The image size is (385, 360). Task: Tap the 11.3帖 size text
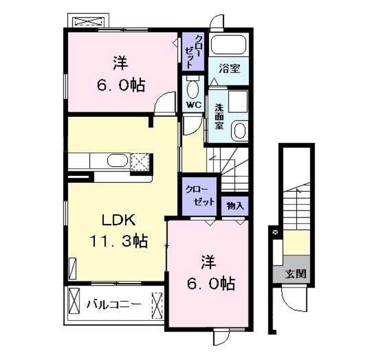(118, 242)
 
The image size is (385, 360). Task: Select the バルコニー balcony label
(114, 304)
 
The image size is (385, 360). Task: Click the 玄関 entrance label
(295, 273)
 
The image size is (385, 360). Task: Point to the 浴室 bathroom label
(229, 66)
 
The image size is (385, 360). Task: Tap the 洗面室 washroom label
(219, 116)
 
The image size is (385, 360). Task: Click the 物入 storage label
(234, 207)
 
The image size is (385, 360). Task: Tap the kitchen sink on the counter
(117, 161)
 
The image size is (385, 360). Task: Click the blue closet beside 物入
(198, 194)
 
